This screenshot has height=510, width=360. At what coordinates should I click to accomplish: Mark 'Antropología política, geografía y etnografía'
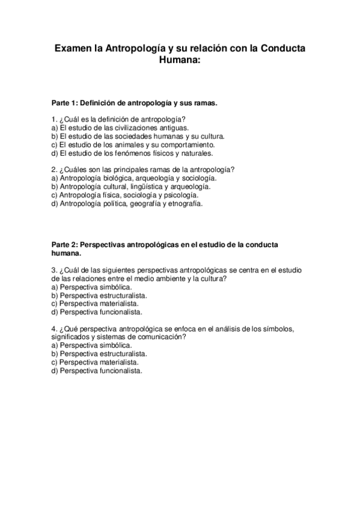[x=127, y=203]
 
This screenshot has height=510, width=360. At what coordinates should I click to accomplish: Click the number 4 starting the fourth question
[x=54, y=329]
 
